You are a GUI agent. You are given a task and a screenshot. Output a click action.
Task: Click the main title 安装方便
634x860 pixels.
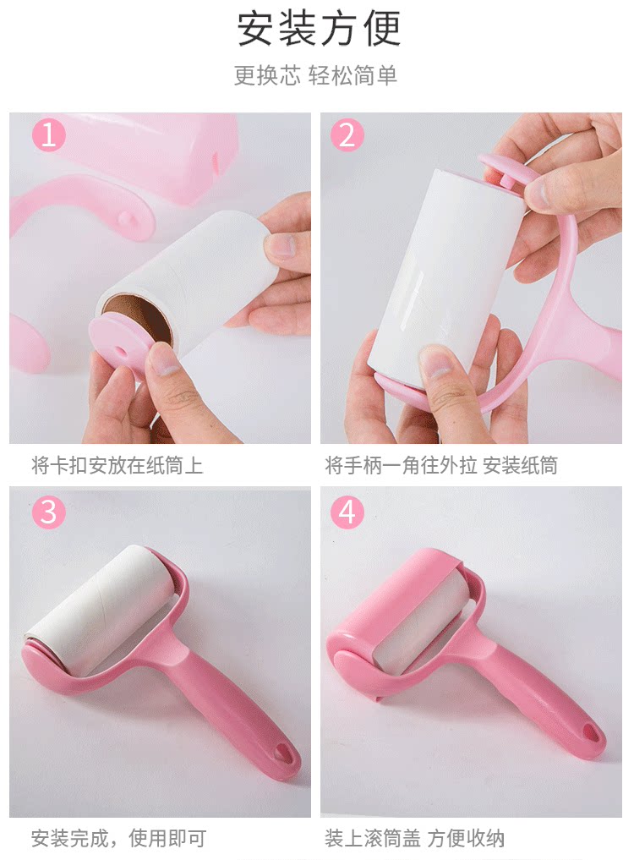(319, 29)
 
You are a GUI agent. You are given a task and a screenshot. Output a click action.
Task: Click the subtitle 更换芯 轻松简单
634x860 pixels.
(315, 75)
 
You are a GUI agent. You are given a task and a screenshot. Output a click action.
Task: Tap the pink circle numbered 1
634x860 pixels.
(49, 135)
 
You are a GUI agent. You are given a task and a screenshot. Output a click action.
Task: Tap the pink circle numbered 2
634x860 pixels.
(347, 135)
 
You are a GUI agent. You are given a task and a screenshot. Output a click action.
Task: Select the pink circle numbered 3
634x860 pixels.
(49, 512)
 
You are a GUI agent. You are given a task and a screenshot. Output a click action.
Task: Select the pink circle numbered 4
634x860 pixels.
(347, 512)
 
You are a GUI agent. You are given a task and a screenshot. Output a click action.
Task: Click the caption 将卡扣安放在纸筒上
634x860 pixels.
(117, 466)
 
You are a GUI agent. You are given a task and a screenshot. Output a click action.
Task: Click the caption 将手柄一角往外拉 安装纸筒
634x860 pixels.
(441, 466)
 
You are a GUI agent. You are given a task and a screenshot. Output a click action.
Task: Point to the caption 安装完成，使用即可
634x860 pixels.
(118, 838)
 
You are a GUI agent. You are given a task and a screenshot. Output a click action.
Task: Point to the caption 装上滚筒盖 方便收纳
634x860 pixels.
(414, 838)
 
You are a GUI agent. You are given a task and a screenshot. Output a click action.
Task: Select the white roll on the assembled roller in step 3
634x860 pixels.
(101, 606)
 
